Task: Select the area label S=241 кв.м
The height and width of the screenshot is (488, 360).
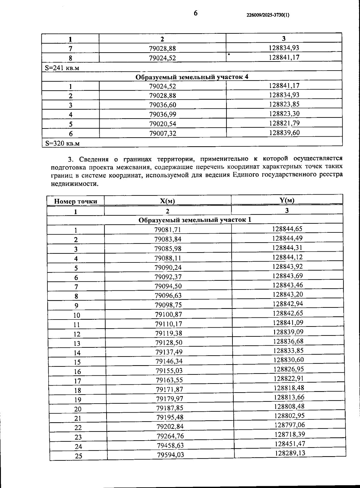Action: coord(62,68)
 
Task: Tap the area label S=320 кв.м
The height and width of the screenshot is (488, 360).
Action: coord(62,143)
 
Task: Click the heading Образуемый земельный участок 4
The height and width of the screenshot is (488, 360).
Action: coord(192,77)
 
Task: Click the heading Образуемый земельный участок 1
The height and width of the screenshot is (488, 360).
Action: coord(195,220)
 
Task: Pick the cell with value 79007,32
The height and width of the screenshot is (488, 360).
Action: coord(163,133)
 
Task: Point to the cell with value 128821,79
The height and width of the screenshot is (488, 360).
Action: coord(284,123)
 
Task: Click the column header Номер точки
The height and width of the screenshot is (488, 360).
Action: coord(76,201)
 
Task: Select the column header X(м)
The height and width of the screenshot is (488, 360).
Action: coord(167,201)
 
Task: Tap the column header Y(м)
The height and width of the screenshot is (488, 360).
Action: coord(287,200)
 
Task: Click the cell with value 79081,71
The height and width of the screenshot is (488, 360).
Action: coord(168,230)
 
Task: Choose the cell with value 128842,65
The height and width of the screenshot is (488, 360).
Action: coord(288,313)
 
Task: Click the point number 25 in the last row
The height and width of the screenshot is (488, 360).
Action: coord(78,456)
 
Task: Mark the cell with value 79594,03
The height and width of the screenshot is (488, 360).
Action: coord(170,455)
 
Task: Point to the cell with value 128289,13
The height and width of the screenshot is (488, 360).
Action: coord(290,453)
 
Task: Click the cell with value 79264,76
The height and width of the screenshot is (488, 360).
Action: coord(170,436)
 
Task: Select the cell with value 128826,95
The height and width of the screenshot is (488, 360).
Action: coord(289,369)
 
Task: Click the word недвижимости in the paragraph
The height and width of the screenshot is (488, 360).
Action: coord(75,184)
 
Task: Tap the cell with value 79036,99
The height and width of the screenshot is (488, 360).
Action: coord(163,114)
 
